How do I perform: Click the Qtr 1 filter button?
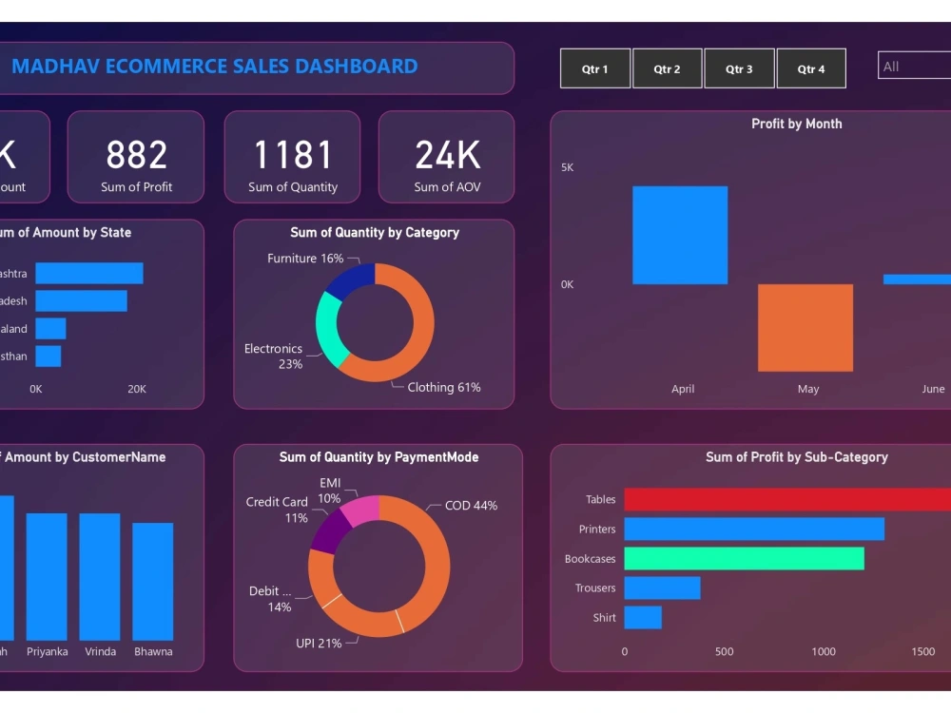coord(595,68)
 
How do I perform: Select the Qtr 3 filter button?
coord(739,68)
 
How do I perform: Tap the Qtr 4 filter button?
coord(811,68)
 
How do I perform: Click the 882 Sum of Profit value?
coord(136,155)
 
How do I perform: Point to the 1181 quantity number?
coord(293,155)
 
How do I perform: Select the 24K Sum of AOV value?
coord(447,155)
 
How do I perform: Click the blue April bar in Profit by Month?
coord(680,235)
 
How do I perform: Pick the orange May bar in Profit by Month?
coord(805,328)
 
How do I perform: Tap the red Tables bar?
coord(785,500)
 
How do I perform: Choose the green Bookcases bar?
coord(744,559)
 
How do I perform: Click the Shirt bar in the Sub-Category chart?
coord(643,618)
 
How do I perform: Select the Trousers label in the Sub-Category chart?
coord(595,588)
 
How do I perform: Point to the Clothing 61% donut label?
coord(444,387)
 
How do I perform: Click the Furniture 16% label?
coord(305,259)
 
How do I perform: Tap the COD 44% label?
coord(471,506)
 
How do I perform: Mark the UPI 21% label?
coord(319,644)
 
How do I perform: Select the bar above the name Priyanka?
coord(47,576)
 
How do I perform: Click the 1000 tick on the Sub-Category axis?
coord(824,651)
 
